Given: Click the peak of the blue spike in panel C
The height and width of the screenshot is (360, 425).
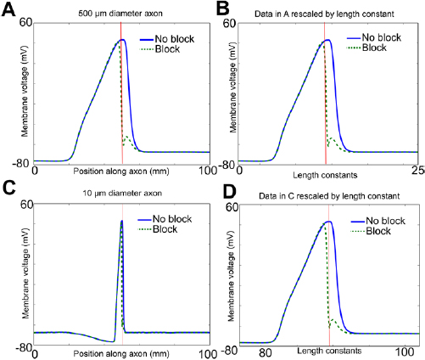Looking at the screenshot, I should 121,222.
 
